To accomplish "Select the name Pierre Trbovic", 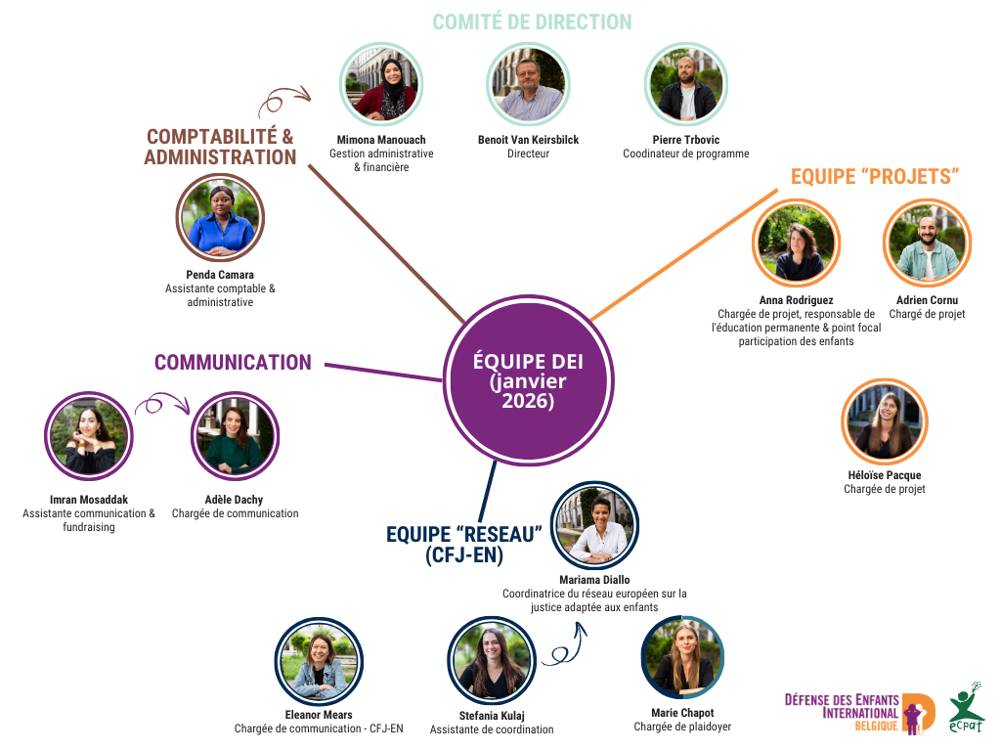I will (685, 140).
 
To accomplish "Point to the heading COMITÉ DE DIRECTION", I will (532, 22).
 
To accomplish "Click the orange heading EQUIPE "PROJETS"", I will (874, 176).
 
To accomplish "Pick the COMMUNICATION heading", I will (233, 363).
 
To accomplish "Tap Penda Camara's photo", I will (220, 218).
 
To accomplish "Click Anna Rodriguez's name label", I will (796, 300).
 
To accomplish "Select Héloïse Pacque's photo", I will (885, 422).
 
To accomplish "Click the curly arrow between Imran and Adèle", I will (159, 404).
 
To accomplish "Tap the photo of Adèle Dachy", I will (235, 435).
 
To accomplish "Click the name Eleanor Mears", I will (319, 715).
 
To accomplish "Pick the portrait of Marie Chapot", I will (681, 657).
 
